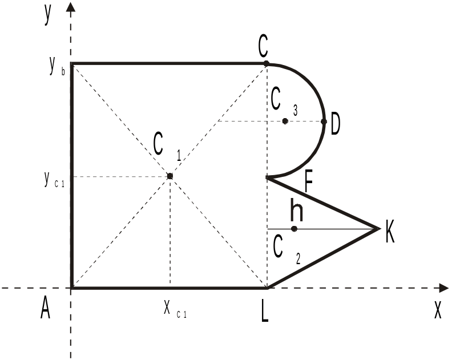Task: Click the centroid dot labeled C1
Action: tap(170, 176)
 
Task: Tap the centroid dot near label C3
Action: tap(285, 121)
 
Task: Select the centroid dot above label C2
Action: tap(294, 229)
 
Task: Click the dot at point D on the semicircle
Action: tap(324, 122)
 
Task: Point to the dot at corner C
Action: tap(267, 63)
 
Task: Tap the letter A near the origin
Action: tap(45, 308)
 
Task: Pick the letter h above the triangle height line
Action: tap(297, 210)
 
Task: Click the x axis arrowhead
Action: tap(444, 288)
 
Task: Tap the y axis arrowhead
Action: tap(71, 7)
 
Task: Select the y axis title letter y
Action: tap(47, 14)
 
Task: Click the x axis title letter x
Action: tap(438, 310)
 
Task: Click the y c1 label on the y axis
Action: tap(54, 180)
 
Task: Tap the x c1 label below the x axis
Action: tap(175, 309)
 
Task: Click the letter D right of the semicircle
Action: tap(335, 124)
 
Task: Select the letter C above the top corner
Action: tap(263, 47)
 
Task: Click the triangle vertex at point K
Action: tap(378, 229)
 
